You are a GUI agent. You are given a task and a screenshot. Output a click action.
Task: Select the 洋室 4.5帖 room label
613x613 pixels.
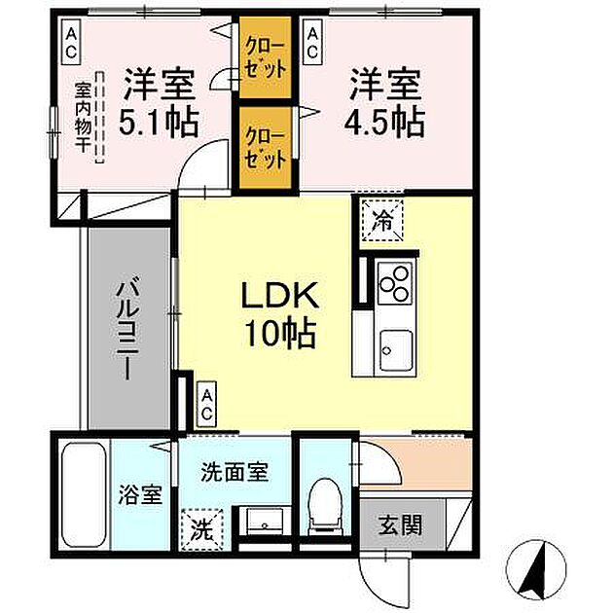click(385, 102)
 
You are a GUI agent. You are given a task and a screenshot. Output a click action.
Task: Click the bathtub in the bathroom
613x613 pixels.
click(83, 495)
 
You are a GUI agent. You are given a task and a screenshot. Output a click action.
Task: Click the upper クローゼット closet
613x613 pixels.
click(266, 60)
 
